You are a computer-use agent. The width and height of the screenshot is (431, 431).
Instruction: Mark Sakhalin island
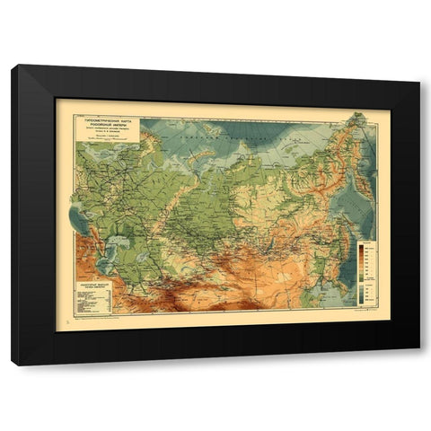[339, 224]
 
